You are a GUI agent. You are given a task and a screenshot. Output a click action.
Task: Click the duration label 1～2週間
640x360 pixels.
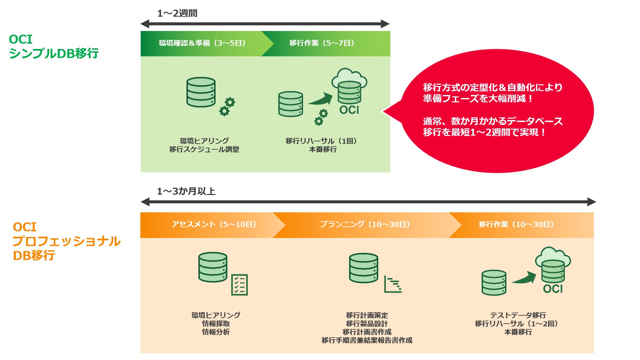177,13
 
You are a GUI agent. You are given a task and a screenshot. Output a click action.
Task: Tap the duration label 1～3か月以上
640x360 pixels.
186,191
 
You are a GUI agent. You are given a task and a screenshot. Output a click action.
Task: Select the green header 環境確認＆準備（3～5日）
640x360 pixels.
202,43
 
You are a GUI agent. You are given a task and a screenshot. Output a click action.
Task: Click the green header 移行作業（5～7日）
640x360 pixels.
322,43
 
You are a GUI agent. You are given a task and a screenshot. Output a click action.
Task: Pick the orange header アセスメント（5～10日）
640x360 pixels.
214,224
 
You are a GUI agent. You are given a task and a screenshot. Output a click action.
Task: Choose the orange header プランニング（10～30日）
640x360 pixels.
365,224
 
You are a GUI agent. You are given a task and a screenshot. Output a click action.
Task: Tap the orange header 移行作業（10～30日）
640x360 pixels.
516,224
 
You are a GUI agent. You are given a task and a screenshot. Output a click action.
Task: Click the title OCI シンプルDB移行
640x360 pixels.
53,46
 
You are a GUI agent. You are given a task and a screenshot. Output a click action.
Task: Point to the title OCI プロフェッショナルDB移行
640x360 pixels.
66,241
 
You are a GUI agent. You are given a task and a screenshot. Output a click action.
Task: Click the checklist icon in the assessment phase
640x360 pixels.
239,285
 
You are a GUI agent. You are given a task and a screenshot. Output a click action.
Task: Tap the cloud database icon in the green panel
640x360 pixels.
349,87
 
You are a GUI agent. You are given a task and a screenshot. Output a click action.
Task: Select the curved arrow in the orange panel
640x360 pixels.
524,278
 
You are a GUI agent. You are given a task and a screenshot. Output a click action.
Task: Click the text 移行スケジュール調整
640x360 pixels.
204,149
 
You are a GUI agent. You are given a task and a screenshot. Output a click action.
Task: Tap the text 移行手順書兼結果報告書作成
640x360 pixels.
367,340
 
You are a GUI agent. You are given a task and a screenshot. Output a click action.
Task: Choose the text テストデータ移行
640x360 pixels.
518,315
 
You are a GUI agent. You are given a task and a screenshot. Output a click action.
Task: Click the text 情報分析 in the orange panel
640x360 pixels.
216,332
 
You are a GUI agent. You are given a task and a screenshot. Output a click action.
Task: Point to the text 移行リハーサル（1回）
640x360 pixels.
322,141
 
